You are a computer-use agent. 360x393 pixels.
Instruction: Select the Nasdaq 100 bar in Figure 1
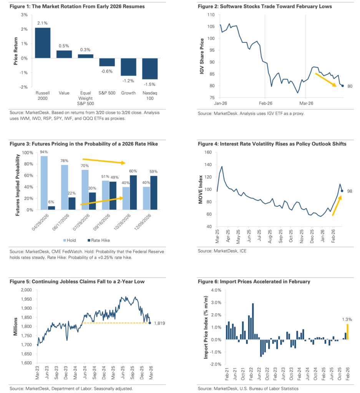pos(149,69)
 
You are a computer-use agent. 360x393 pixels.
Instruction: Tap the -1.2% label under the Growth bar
pos(128,80)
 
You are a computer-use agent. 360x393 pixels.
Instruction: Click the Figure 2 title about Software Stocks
pos(265,7)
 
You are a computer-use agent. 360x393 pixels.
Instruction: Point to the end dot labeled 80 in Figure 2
pos(342,86)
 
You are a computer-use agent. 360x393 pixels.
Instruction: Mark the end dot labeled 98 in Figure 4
pos(342,191)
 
